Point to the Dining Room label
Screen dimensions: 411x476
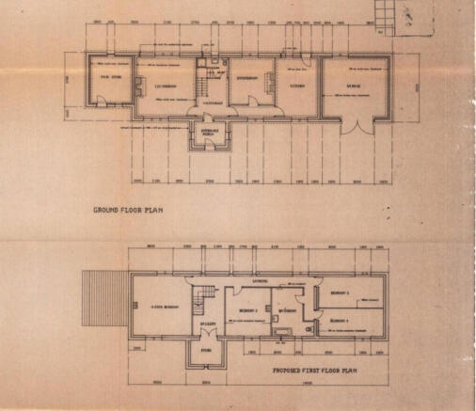tap(246, 77)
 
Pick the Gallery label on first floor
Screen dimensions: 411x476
tap(208, 324)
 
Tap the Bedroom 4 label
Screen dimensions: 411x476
tap(340, 322)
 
